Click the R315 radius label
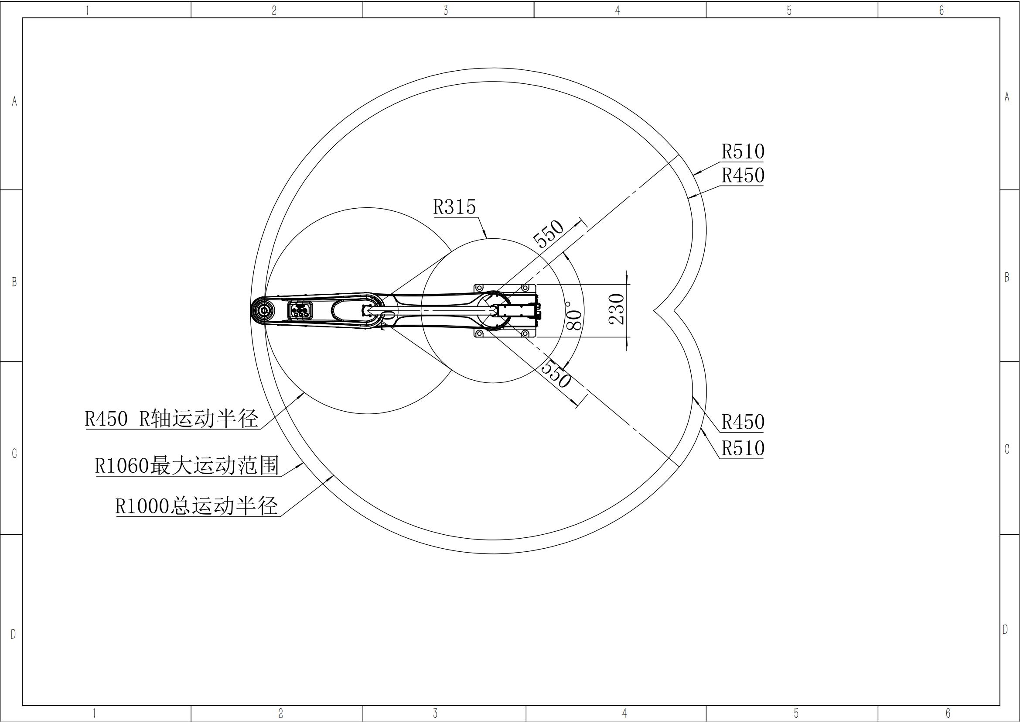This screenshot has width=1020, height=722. [x=454, y=207]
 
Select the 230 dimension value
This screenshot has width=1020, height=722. [x=617, y=309]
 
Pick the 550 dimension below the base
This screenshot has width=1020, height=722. [x=555, y=375]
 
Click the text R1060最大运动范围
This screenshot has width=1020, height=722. [x=187, y=466]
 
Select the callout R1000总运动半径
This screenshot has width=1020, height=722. [x=197, y=506]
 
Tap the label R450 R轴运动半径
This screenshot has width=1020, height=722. [x=171, y=418]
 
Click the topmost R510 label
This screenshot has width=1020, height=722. [x=743, y=151]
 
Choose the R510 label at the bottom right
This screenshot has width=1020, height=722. [x=743, y=448]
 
